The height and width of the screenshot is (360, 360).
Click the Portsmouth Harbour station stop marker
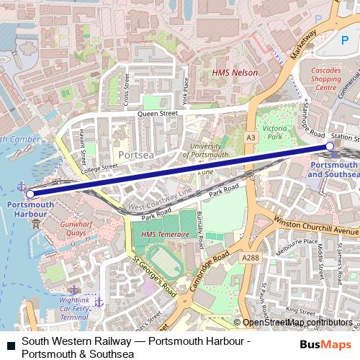tap(30, 194)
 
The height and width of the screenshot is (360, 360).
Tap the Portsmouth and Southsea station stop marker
tap(330, 146)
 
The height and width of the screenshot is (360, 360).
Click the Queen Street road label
tap(158, 113)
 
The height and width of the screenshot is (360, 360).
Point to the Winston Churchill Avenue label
tap(316, 227)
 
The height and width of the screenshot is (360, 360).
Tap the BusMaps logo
tap(325, 345)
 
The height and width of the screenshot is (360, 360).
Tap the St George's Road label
tap(153, 277)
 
